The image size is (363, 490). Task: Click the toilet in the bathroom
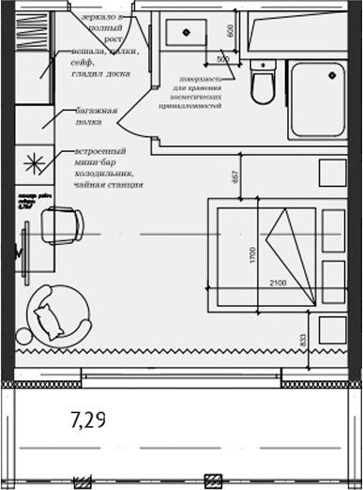pyautogui.click(x=263, y=85)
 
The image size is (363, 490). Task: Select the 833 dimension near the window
pyautogui.click(x=302, y=343)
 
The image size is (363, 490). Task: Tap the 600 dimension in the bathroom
pyautogui.click(x=230, y=31)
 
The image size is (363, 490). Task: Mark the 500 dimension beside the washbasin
pyautogui.click(x=222, y=58)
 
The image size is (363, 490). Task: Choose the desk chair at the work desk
pyautogui.click(x=62, y=226)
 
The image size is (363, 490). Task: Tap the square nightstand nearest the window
pyautogui.click(x=333, y=329)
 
